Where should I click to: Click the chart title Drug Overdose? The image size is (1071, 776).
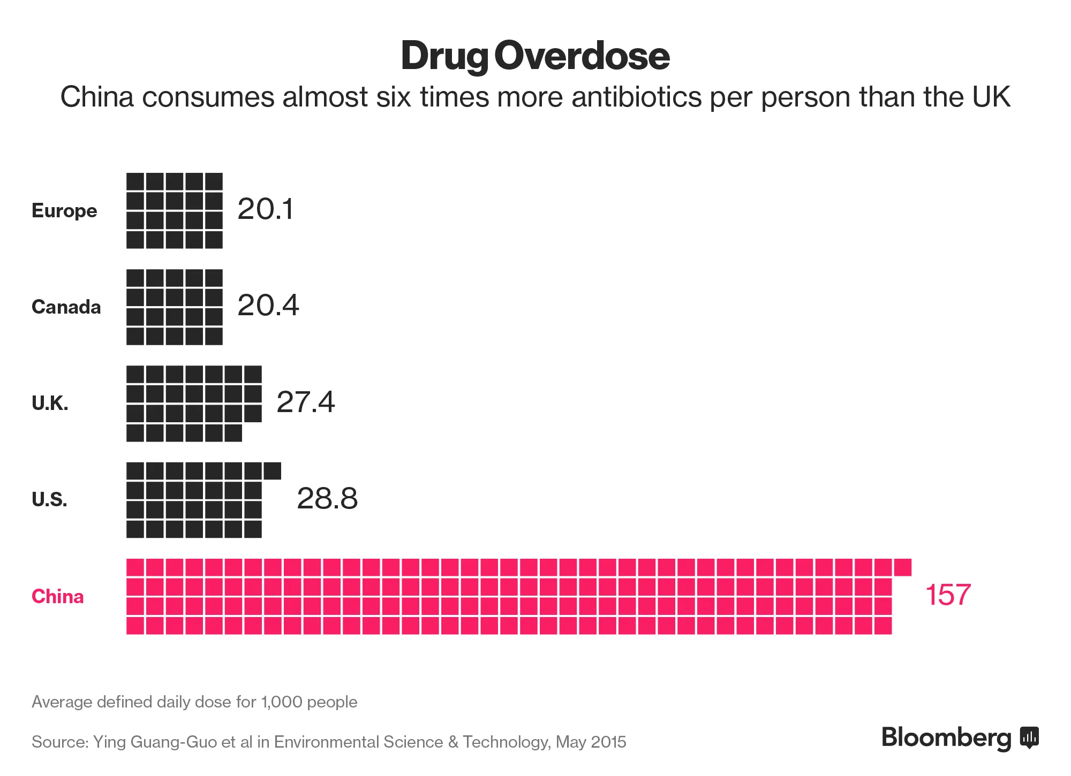pyautogui.click(x=535, y=56)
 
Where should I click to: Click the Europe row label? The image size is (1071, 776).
pyautogui.click(x=64, y=211)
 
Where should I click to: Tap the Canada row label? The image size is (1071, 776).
pyautogui.click(x=66, y=307)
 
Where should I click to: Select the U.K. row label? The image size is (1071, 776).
pyautogui.click(x=50, y=404)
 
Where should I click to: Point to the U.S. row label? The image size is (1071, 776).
pyautogui.click(x=49, y=500)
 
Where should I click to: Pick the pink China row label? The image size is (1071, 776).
pyautogui.click(x=57, y=596)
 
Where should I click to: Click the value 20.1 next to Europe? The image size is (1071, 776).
pyautogui.click(x=266, y=209)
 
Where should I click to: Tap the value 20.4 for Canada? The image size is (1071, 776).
pyautogui.click(x=268, y=306)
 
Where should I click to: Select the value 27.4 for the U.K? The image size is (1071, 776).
pyautogui.click(x=305, y=402)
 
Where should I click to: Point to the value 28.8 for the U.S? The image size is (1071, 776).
pyautogui.click(x=327, y=498)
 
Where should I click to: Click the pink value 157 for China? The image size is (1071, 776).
pyautogui.click(x=948, y=595)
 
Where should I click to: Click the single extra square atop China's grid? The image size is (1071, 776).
pyautogui.click(x=903, y=567)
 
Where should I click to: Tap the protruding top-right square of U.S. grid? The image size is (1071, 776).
pyautogui.click(x=272, y=471)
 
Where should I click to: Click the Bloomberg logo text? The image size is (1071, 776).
pyautogui.click(x=946, y=737)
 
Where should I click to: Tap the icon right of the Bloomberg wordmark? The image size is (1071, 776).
pyautogui.click(x=1029, y=737)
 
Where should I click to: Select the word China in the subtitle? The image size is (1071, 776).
pyautogui.click(x=96, y=97)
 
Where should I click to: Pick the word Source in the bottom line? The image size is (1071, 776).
pyautogui.click(x=59, y=742)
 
